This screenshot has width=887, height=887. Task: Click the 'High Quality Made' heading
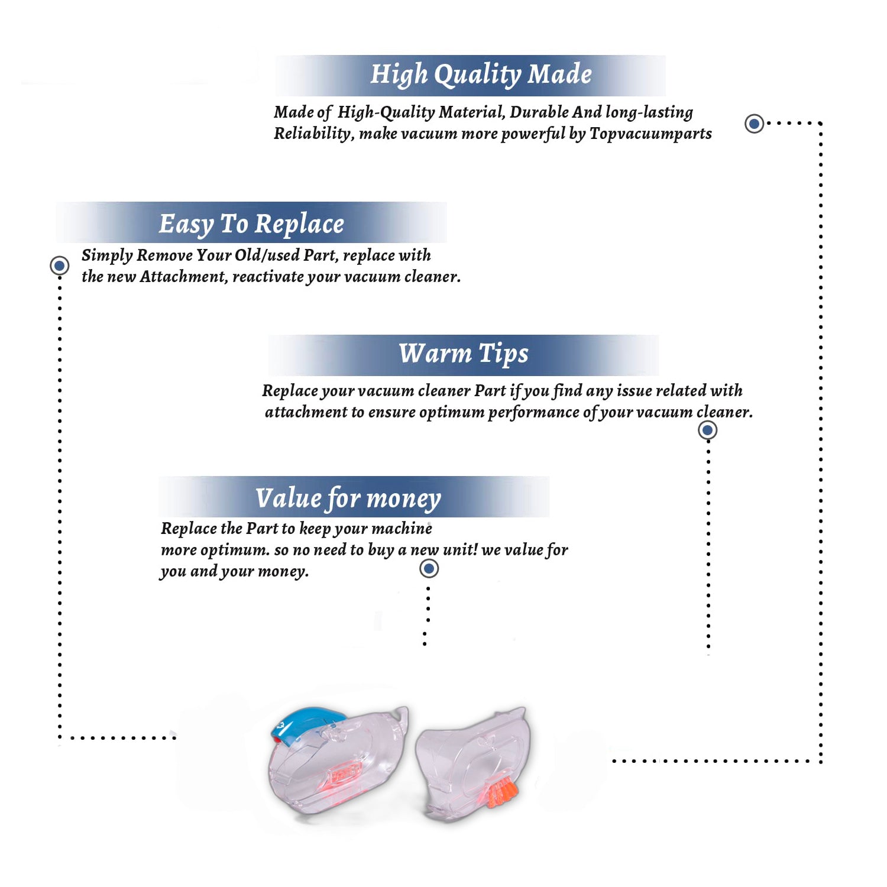pos(481,75)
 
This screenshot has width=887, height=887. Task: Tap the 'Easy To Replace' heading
pos(251,225)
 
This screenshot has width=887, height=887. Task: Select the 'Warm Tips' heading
pos(464,354)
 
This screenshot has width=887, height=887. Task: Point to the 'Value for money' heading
pos(348,499)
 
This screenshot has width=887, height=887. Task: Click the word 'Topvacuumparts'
pos(650,134)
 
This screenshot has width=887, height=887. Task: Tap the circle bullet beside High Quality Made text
pos(754,124)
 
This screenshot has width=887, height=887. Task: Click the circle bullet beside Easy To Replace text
pos(59,266)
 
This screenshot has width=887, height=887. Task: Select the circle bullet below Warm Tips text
pos(708,430)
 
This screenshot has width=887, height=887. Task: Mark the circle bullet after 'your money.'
pos(429,569)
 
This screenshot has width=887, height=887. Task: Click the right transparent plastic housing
pos(473,763)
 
